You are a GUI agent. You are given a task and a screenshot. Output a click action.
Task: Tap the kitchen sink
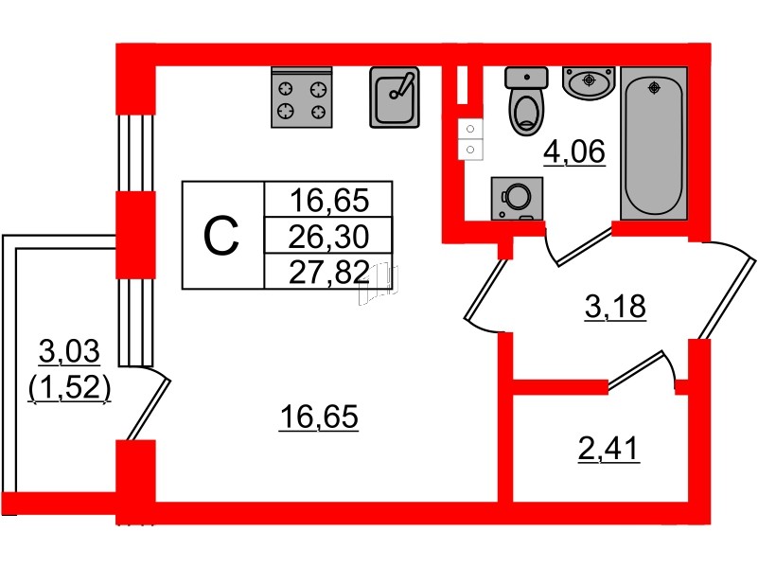coord(394,98)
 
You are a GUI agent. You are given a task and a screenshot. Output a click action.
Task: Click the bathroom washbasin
coord(589,81)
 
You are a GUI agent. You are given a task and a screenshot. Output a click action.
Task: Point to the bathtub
coord(652,147)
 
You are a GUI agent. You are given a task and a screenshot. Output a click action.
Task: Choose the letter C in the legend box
coord(222,235)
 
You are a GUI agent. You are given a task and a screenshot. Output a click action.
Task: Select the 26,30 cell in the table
coord(327,236)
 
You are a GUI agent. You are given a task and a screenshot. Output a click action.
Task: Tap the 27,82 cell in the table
coord(327,272)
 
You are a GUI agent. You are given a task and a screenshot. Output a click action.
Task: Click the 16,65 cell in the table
coord(327,200)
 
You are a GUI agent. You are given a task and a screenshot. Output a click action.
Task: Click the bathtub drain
coord(652,88)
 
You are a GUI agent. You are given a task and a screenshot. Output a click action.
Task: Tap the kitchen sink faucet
coord(405,83)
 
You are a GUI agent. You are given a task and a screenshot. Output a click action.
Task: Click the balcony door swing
coord(151,402)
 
